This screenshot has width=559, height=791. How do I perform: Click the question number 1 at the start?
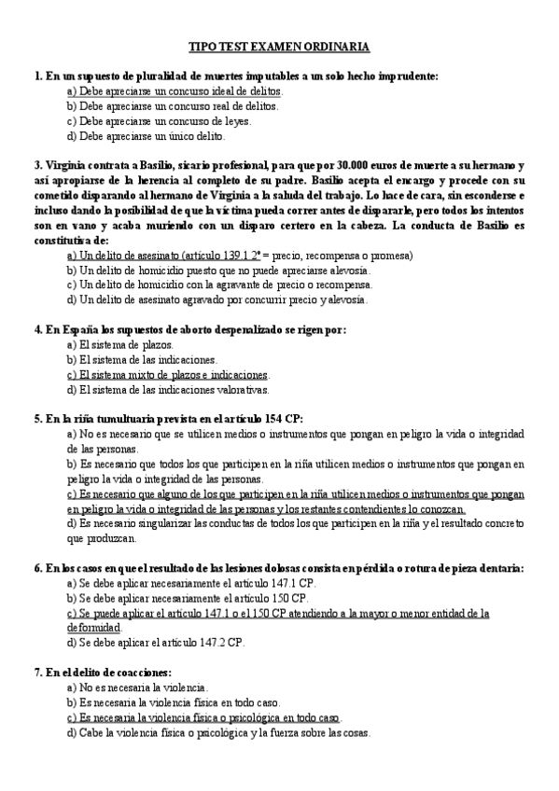[36, 76]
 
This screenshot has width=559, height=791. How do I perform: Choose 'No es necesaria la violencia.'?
[137, 687]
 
